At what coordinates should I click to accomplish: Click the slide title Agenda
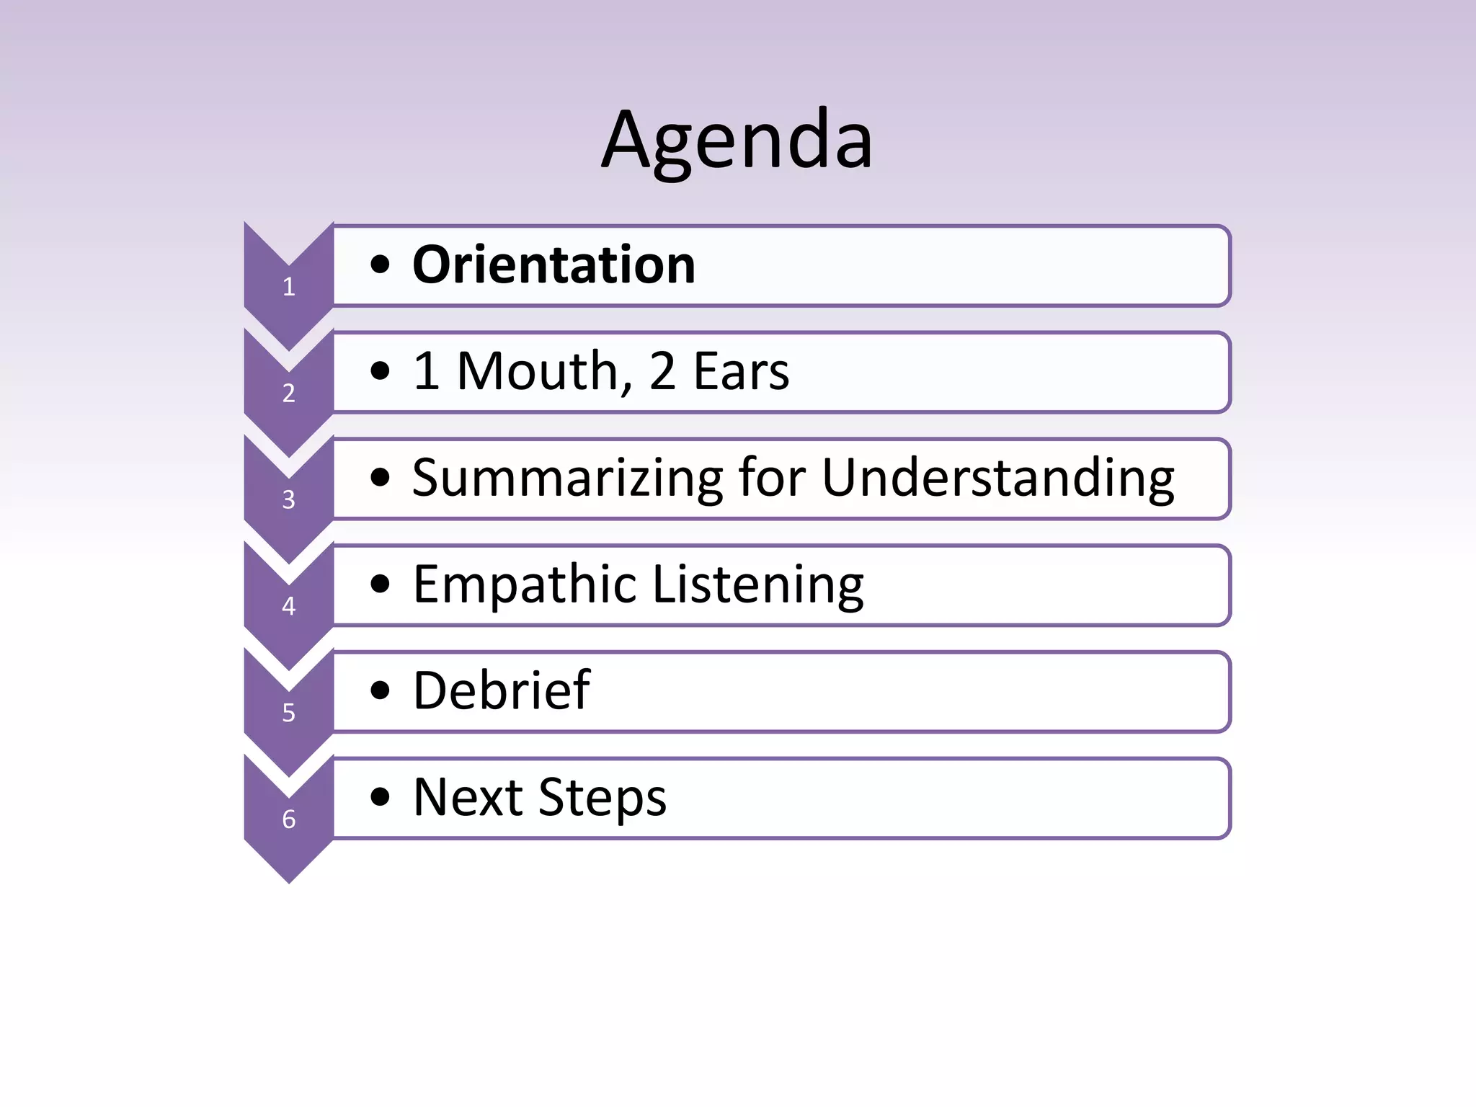pyautogui.click(x=737, y=141)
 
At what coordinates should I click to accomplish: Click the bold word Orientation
pyautogui.click(x=553, y=265)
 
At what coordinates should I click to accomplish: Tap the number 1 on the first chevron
pyautogui.click(x=289, y=287)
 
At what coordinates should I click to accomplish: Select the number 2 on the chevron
pyautogui.click(x=289, y=394)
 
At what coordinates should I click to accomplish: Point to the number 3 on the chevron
pyautogui.click(x=289, y=499)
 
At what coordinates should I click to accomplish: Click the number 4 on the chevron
pyautogui.click(x=289, y=606)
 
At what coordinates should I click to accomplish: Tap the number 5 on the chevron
pyautogui.click(x=289, y=713)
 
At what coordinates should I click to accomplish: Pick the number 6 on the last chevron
pyautogui.click(x=289, y=819)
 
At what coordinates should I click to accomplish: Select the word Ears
pyautogui.click(x=741, y=372)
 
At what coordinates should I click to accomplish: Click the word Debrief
pyautogui.click(x=502, y=691)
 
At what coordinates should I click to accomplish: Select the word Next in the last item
pyautogui.click(x=468, y=798)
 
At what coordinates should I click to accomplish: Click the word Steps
pyautogui.click(x=603, y=798)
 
